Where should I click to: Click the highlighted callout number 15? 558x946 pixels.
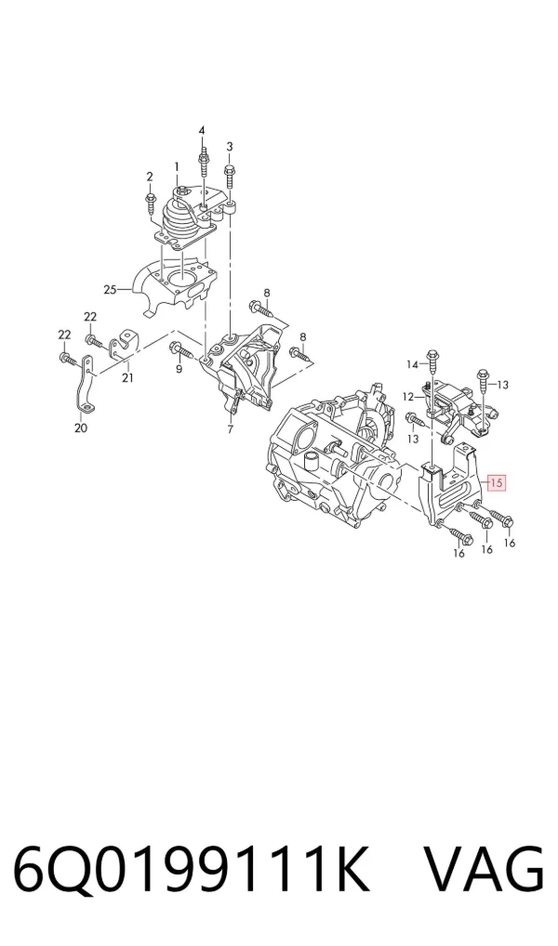click(497, 482)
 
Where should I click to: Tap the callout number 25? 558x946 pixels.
click(110, 290)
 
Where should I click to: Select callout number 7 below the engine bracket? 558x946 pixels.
click(230, 429)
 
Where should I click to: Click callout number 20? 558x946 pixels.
click(81, 427)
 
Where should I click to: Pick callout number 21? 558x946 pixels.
click(127, 377)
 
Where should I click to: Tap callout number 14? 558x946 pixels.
click(413, 364)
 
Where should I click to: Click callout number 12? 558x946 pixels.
click(409, 397)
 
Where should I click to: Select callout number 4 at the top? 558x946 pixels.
click(203, 131)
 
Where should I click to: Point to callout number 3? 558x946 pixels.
click(230, 147)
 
